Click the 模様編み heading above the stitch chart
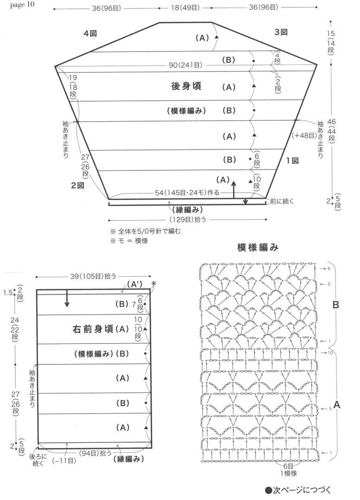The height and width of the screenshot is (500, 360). pos(257,247)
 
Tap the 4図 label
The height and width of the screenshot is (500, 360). pos(90,33)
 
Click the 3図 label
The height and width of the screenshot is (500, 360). pos(281,32)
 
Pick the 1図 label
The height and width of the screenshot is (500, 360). pos(292,161)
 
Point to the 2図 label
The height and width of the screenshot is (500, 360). pos(77,185)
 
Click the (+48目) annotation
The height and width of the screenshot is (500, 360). pos(304,135)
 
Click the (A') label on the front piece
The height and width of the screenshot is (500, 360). pos(134,283)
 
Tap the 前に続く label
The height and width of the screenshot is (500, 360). pos(282,201)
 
